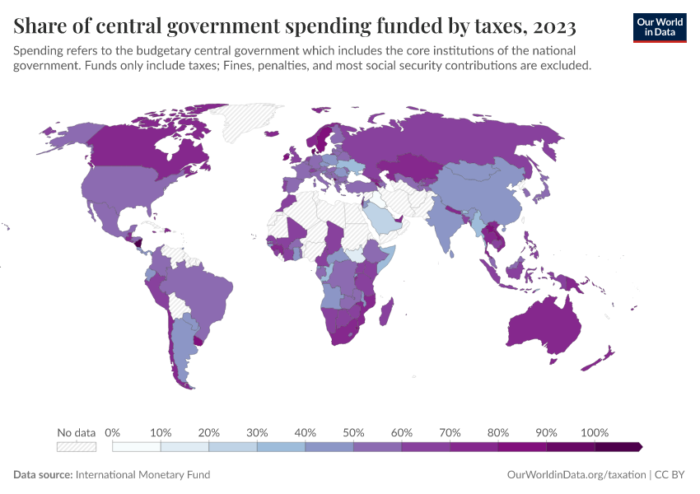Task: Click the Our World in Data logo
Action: coord(659,27)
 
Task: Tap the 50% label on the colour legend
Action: coord(353,433)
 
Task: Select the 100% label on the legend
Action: coord(595,433)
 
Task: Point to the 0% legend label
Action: coord(113,433)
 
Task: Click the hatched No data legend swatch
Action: coord(76,446)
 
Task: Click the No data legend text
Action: coord(76,433)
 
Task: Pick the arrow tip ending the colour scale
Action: coord(639,446)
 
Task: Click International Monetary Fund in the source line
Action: coord(142,475)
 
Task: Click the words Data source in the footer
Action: coord(43,475)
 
